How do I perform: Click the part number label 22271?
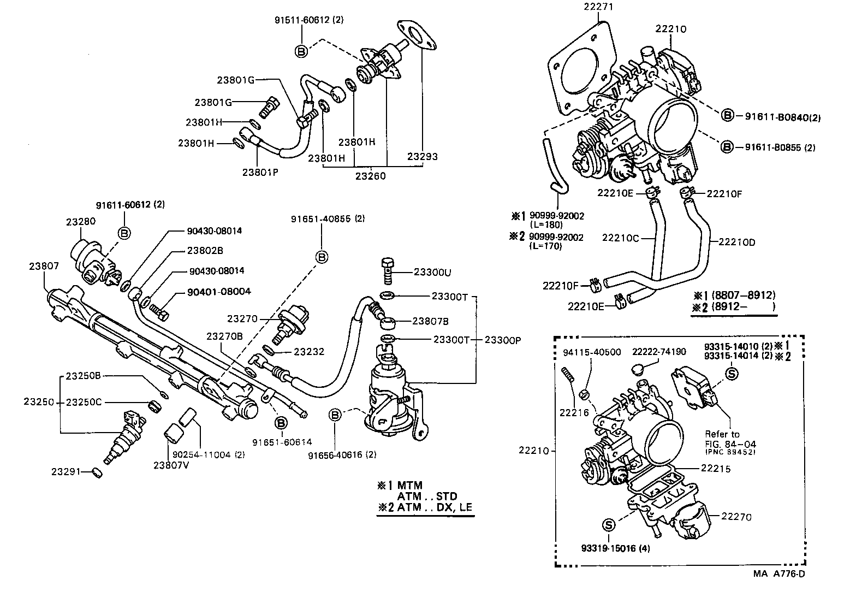point(598,7)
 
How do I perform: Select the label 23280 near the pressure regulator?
point(81,222)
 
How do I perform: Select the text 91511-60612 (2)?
point(310,20)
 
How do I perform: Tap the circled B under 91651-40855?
point(322,257)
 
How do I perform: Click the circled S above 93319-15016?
point(609,525)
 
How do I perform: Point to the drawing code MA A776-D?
point(779,574)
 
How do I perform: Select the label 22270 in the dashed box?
point(736,517)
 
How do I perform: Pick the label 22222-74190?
point(659,352)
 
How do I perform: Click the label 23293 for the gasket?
point(423,157)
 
